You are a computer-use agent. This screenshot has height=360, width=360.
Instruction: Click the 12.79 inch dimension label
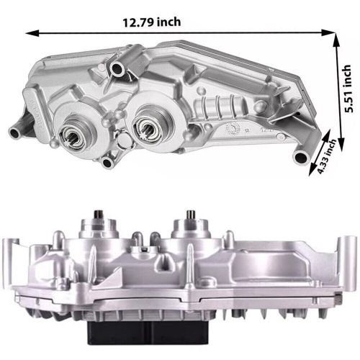(152, 22)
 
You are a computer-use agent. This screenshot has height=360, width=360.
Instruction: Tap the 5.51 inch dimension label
(348, 89)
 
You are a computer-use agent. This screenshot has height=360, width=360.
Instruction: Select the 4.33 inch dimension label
(327, 156)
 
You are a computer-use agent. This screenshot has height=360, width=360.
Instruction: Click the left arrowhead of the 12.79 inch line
(32, 33)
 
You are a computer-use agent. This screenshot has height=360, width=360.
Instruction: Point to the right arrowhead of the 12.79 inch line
(328, 32)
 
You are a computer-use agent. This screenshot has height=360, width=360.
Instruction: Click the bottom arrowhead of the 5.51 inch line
(341, 145)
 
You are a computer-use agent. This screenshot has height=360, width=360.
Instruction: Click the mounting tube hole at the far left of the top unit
(15, 133)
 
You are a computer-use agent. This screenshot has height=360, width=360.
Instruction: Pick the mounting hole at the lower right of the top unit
(302, 158)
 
